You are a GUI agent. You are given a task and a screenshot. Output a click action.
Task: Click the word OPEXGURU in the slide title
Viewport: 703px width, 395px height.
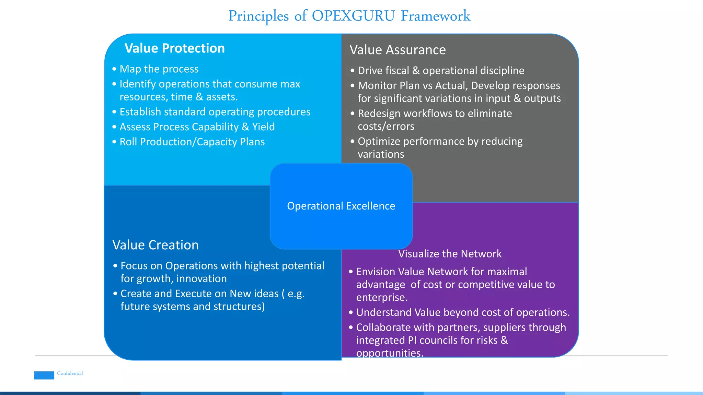353,16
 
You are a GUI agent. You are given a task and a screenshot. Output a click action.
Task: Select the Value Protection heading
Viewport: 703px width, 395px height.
174,48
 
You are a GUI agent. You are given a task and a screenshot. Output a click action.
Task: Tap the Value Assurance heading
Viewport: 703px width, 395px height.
397,50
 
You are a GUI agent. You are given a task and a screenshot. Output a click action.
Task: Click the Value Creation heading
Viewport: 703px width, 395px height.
155,245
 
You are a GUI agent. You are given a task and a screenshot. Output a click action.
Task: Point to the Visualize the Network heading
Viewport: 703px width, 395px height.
450,254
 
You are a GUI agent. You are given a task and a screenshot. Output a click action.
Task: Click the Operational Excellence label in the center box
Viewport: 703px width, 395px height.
341,206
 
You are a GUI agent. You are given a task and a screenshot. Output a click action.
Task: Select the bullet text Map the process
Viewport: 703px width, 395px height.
159,69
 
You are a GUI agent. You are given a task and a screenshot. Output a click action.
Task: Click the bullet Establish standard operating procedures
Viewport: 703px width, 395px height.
215,112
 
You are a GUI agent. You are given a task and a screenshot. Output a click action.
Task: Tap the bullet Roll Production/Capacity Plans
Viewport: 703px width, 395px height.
192,142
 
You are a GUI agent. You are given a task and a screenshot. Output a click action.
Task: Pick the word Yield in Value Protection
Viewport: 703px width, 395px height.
263,127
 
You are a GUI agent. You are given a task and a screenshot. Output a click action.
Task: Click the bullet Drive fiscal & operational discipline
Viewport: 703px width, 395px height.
441,71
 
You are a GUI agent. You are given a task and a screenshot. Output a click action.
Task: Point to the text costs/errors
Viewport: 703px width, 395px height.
386,127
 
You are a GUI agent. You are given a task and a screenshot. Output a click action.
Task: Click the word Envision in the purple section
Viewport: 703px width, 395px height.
376,272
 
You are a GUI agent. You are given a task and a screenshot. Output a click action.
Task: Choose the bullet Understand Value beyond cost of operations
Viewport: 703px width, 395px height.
463,313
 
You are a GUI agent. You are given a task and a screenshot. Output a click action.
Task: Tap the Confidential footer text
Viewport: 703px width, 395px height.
70,373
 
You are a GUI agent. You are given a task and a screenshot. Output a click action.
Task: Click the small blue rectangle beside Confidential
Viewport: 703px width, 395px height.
44,375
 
